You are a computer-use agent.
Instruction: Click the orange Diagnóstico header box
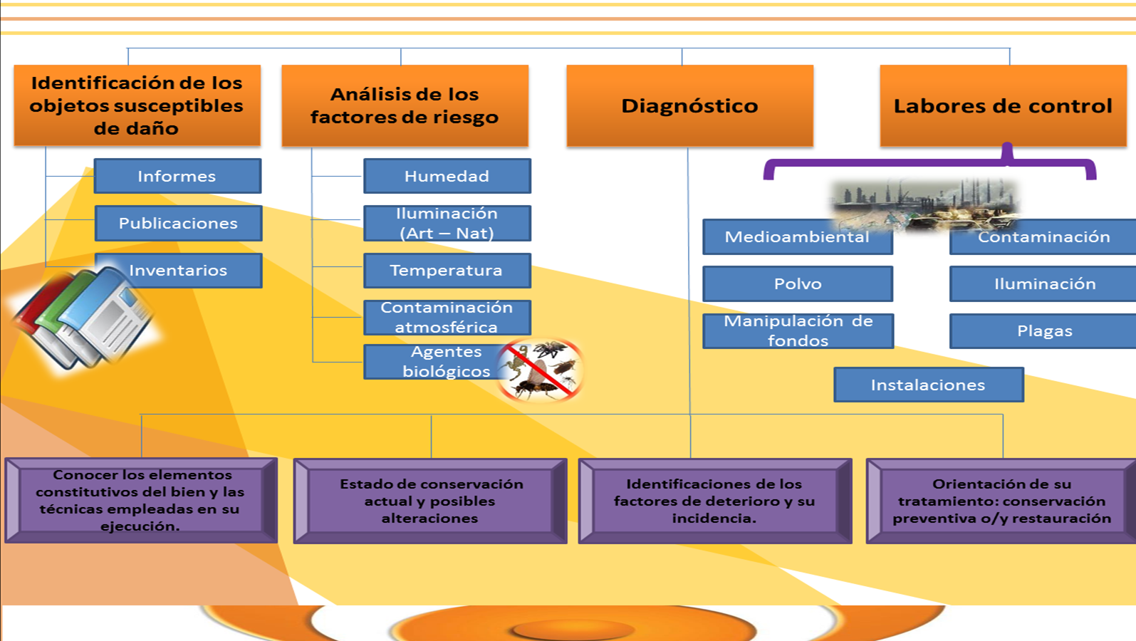(689, 105)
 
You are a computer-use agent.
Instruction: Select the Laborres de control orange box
(1002, 105)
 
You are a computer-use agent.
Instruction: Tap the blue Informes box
(177, 176)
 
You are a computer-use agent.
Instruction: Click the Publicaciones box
(178, 223)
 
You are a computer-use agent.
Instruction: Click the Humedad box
(447, 176)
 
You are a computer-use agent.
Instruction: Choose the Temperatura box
(447, 271)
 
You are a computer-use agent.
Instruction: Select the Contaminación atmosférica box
(447, 317)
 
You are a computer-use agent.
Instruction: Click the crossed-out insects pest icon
(541, 370)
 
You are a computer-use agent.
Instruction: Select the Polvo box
(798, 283)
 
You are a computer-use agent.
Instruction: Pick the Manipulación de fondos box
(798, 330)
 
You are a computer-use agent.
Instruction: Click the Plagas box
(1044, 330)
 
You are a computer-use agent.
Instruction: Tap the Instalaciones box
(928, 385)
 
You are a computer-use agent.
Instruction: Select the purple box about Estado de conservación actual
(430, 501)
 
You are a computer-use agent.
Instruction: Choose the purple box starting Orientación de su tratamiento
(1001, 501)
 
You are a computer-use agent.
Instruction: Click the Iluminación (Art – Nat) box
(447, 223)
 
